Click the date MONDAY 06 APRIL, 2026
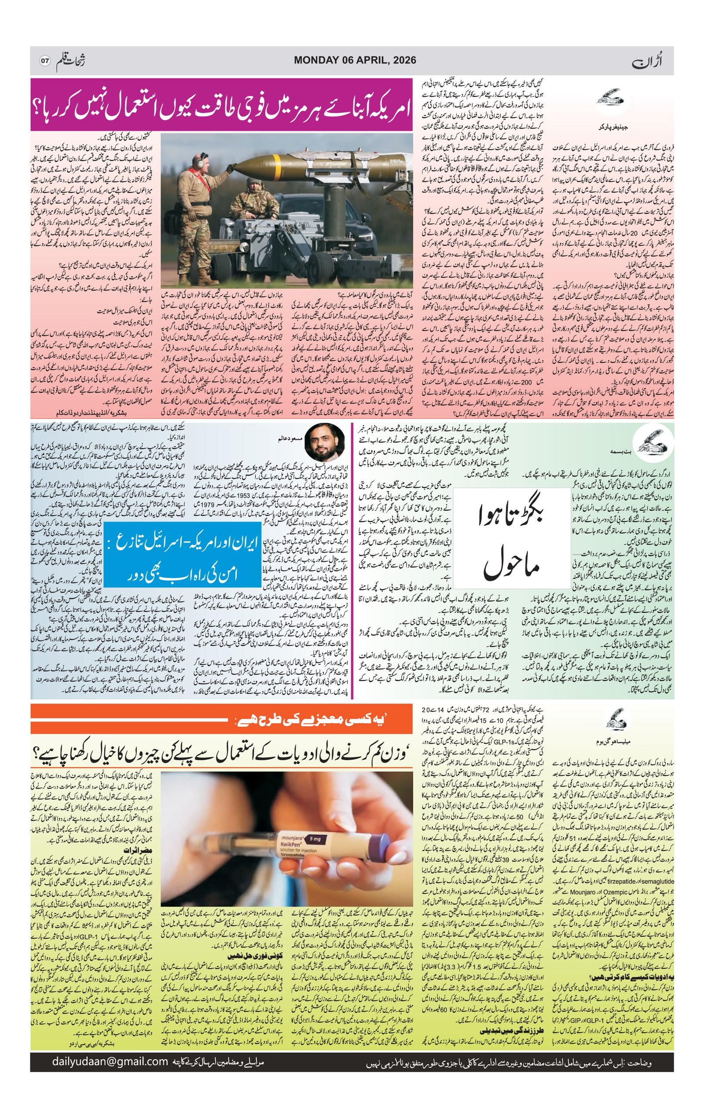pyautogui.click(x=355, y=60)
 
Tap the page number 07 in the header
pyautogui.click(x=44, y=61)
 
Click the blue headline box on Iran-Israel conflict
pyautogui.click(x=182, y=560)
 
